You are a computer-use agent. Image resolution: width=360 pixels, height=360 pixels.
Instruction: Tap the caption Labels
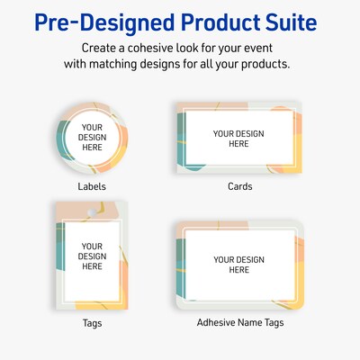pos(92,187)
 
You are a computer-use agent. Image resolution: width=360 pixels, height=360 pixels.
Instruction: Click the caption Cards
pos(239,187)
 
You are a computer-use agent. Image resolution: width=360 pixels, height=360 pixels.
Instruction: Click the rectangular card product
pos(239,138)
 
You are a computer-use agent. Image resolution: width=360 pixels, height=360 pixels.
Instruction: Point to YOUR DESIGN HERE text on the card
pos(238,139)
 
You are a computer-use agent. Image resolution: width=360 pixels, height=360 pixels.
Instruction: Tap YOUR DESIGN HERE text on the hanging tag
pos(92,256)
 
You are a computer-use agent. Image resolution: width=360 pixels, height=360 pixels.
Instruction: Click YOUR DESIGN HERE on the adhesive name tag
pos(238,265)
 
